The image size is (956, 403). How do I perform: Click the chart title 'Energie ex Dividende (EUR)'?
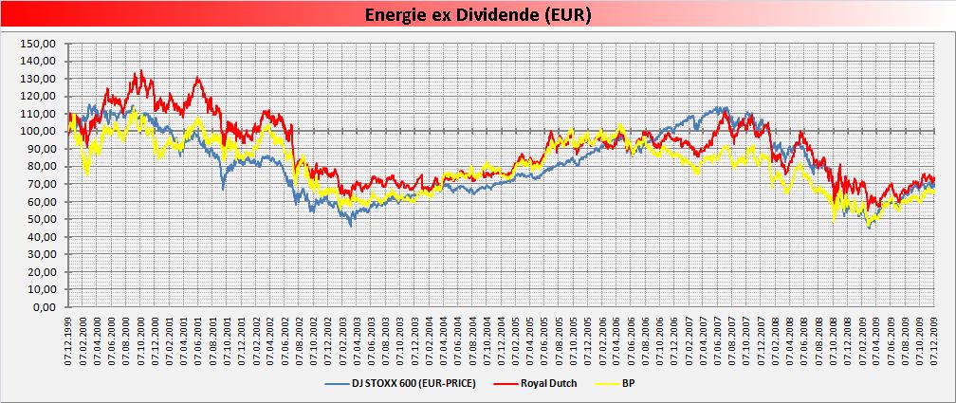point(478,16)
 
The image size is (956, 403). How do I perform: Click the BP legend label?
point(628,383)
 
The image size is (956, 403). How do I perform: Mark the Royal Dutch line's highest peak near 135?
point(139,70)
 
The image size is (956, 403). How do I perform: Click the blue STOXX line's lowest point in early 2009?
point(870,228)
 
